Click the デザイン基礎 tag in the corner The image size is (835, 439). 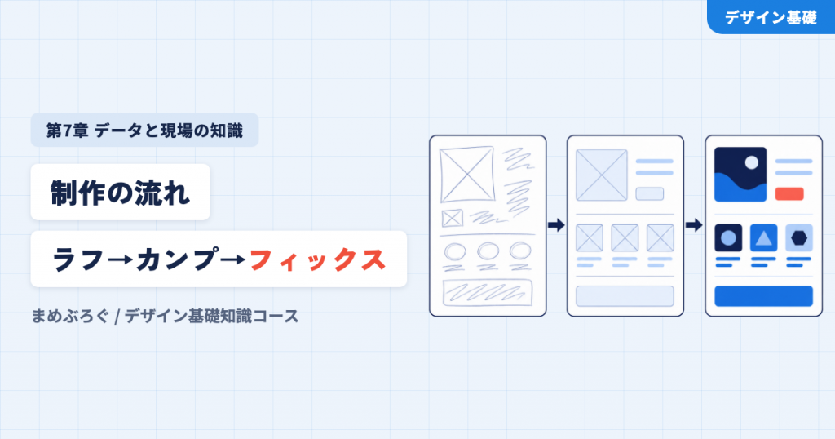(771, 17)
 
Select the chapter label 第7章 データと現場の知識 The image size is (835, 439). (144, 130)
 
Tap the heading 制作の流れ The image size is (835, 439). (121, 193)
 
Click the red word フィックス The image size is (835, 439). (317, 260)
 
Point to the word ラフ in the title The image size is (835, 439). (77, 260)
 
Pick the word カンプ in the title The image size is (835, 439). (177, 259)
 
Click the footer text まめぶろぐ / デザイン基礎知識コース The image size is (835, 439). (165, 316)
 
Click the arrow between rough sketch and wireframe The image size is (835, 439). (556, 225)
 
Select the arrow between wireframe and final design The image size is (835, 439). (694, 225)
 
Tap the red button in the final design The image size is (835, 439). (789, 194)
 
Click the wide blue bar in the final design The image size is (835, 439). (763, 296)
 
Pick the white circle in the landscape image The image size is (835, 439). (751, 162)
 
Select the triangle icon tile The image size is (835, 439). (763, 237)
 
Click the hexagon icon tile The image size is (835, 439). (799, 237)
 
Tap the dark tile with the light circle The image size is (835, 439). (728, 237)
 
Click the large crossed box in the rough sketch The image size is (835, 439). (467, 175)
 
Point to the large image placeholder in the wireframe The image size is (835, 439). (602, 175)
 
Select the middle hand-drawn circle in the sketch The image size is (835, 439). (488, 251)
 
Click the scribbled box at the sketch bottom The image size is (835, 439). (488, 292)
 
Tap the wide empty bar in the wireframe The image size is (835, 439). (625, 296)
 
